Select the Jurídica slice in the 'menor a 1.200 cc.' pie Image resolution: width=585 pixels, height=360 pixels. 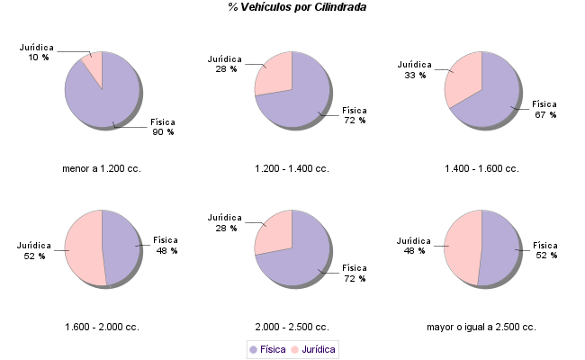click(x=93, y=67)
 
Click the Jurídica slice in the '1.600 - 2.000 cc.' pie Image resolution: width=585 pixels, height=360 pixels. click(x=84, y=247)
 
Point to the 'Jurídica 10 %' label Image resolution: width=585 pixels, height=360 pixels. click(x=38, y=51)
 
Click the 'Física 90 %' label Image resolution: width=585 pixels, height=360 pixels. click(x=163, y=126)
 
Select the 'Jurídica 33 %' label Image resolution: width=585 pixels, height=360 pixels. click(x=415, y=69)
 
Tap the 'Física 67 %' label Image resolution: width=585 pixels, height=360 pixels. click(x=545, y=109)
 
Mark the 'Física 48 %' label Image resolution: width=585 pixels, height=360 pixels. click(x=166, y=245)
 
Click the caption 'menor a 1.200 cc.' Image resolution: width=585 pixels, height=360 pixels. click(x=102, y=168)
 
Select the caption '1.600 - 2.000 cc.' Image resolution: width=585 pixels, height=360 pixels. click(x=102, y=327)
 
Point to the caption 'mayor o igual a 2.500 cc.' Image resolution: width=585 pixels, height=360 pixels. click(x=481, y=327)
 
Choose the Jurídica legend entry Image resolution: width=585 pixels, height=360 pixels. click(x=313, y=348)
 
